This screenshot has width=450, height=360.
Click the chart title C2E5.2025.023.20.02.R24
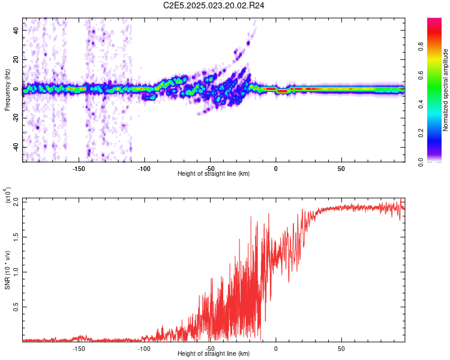tap(214, 5)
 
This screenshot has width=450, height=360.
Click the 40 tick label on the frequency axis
tap(15, 30)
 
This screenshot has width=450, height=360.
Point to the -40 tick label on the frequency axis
tap(14, 147)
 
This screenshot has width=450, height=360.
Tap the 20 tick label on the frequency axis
tap(15, 59)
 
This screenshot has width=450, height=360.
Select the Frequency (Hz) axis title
tap(7, 90)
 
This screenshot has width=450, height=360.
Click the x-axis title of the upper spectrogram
tap(214, 174)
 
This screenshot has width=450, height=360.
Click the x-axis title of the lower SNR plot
tap(214, 354)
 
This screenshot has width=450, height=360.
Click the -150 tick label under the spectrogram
tap(79, 169)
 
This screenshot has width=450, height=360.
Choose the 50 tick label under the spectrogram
tap(341, 169)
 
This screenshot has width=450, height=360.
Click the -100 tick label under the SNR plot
tap(144, 348)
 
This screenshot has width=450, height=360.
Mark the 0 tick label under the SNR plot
tap(275, 348)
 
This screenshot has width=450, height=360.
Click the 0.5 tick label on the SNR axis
tap(16, 306)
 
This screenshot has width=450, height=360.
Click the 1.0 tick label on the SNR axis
tap(16, 271)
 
